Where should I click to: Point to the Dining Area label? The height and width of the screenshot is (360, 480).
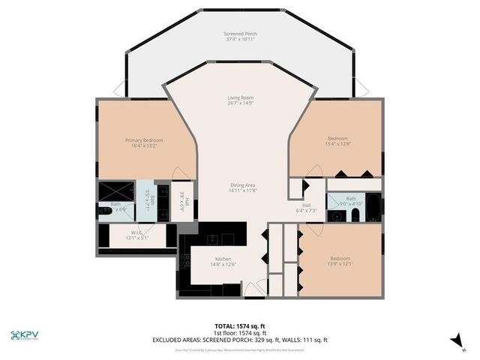click(x=242, y=190)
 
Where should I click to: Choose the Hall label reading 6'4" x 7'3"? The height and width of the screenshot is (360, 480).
click(x=307, y=208)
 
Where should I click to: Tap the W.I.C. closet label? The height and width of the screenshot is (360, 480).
click(x=137, y=235)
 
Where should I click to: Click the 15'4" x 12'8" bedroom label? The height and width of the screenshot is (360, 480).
click(x=337, y=142)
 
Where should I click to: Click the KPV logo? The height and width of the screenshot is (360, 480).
click(x=27, y=335)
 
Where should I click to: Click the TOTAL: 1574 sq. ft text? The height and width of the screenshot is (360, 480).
click(x=240, y=326)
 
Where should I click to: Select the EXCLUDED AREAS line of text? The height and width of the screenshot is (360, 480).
click(x=240, y=340)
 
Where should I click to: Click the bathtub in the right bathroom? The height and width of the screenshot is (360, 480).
click(x=373, y=208)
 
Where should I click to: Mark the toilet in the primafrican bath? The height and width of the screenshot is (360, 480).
click(x=106, y=211)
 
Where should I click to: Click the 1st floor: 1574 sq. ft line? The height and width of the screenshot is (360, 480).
click(x=240, y=333)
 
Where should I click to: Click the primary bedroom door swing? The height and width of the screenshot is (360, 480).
click(x=181, y=173)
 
